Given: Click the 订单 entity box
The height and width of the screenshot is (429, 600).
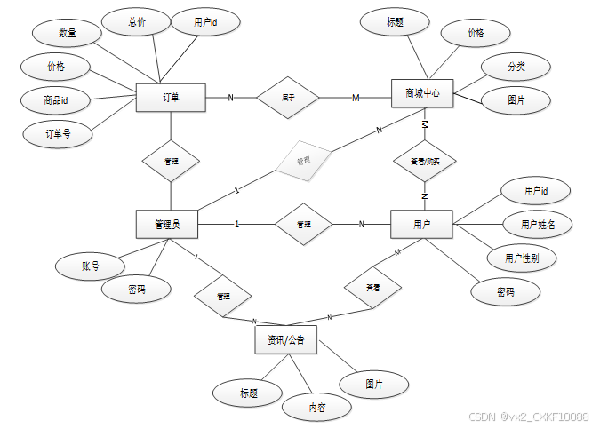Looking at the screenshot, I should click(171, 98).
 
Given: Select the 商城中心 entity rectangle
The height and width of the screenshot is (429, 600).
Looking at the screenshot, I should click(422, 92).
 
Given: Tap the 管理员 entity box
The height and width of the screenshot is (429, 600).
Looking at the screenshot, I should click(166, 225).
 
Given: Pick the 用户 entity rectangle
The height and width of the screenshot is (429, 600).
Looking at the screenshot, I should click(421, 224).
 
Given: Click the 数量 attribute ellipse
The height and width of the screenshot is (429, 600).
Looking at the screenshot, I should click(67, 33).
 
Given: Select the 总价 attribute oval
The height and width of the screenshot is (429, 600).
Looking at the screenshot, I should click(136, 21).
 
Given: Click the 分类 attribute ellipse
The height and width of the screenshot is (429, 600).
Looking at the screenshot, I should click(516, 67).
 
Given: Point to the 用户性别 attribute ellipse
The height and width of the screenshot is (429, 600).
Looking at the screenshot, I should click(521, 258).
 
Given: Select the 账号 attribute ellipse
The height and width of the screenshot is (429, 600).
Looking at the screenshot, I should click(90, 265).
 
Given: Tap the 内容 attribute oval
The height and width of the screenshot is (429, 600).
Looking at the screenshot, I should click(316, 407).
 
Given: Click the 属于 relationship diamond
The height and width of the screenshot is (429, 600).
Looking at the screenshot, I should click(288, 97).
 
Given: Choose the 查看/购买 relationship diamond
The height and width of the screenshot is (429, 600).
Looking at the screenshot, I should click(425, 163).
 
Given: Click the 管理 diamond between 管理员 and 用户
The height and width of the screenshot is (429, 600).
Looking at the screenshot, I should click(303, 225).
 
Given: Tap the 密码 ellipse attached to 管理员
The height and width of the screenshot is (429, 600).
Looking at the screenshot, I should click(136, 290).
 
